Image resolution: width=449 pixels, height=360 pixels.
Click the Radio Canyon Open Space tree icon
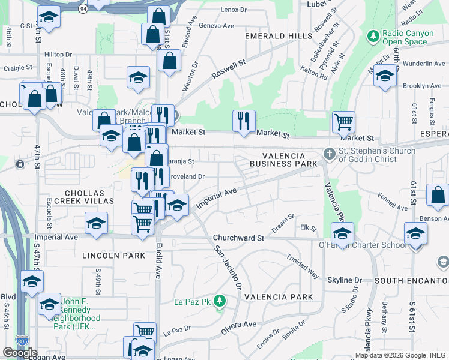pos(373,37)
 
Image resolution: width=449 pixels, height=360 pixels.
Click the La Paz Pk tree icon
pos(220,300)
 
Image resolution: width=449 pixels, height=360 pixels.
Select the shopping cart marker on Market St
pos(343,122)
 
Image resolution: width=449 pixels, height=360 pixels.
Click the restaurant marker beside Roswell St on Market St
pos(244,121)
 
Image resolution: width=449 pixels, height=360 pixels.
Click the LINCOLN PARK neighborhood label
pos(113,256)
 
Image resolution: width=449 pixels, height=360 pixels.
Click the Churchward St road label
pos(243,238)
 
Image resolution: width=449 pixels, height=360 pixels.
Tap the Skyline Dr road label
pos(345,280)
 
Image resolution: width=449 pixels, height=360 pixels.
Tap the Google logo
pos(20,353)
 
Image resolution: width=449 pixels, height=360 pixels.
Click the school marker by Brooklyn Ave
pos(385,76)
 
